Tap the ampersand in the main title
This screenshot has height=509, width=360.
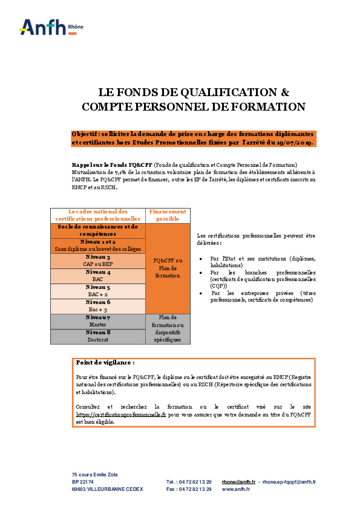click(x=286, y=92)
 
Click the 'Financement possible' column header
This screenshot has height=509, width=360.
click(x=168, y=215)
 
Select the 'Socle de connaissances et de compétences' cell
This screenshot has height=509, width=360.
click(x=98, y=230)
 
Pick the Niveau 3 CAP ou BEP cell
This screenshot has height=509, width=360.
click(x=98, y=261)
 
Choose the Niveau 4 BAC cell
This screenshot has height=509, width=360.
click(x=98, y=276)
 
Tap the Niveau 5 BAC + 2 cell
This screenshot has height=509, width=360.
click(x=98, y=291)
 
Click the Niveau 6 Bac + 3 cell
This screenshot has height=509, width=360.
click(x=98, y=305)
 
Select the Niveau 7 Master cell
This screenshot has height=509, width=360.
click(x=98, y=321)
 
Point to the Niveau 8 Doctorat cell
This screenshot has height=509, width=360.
click(x=98, y=336)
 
